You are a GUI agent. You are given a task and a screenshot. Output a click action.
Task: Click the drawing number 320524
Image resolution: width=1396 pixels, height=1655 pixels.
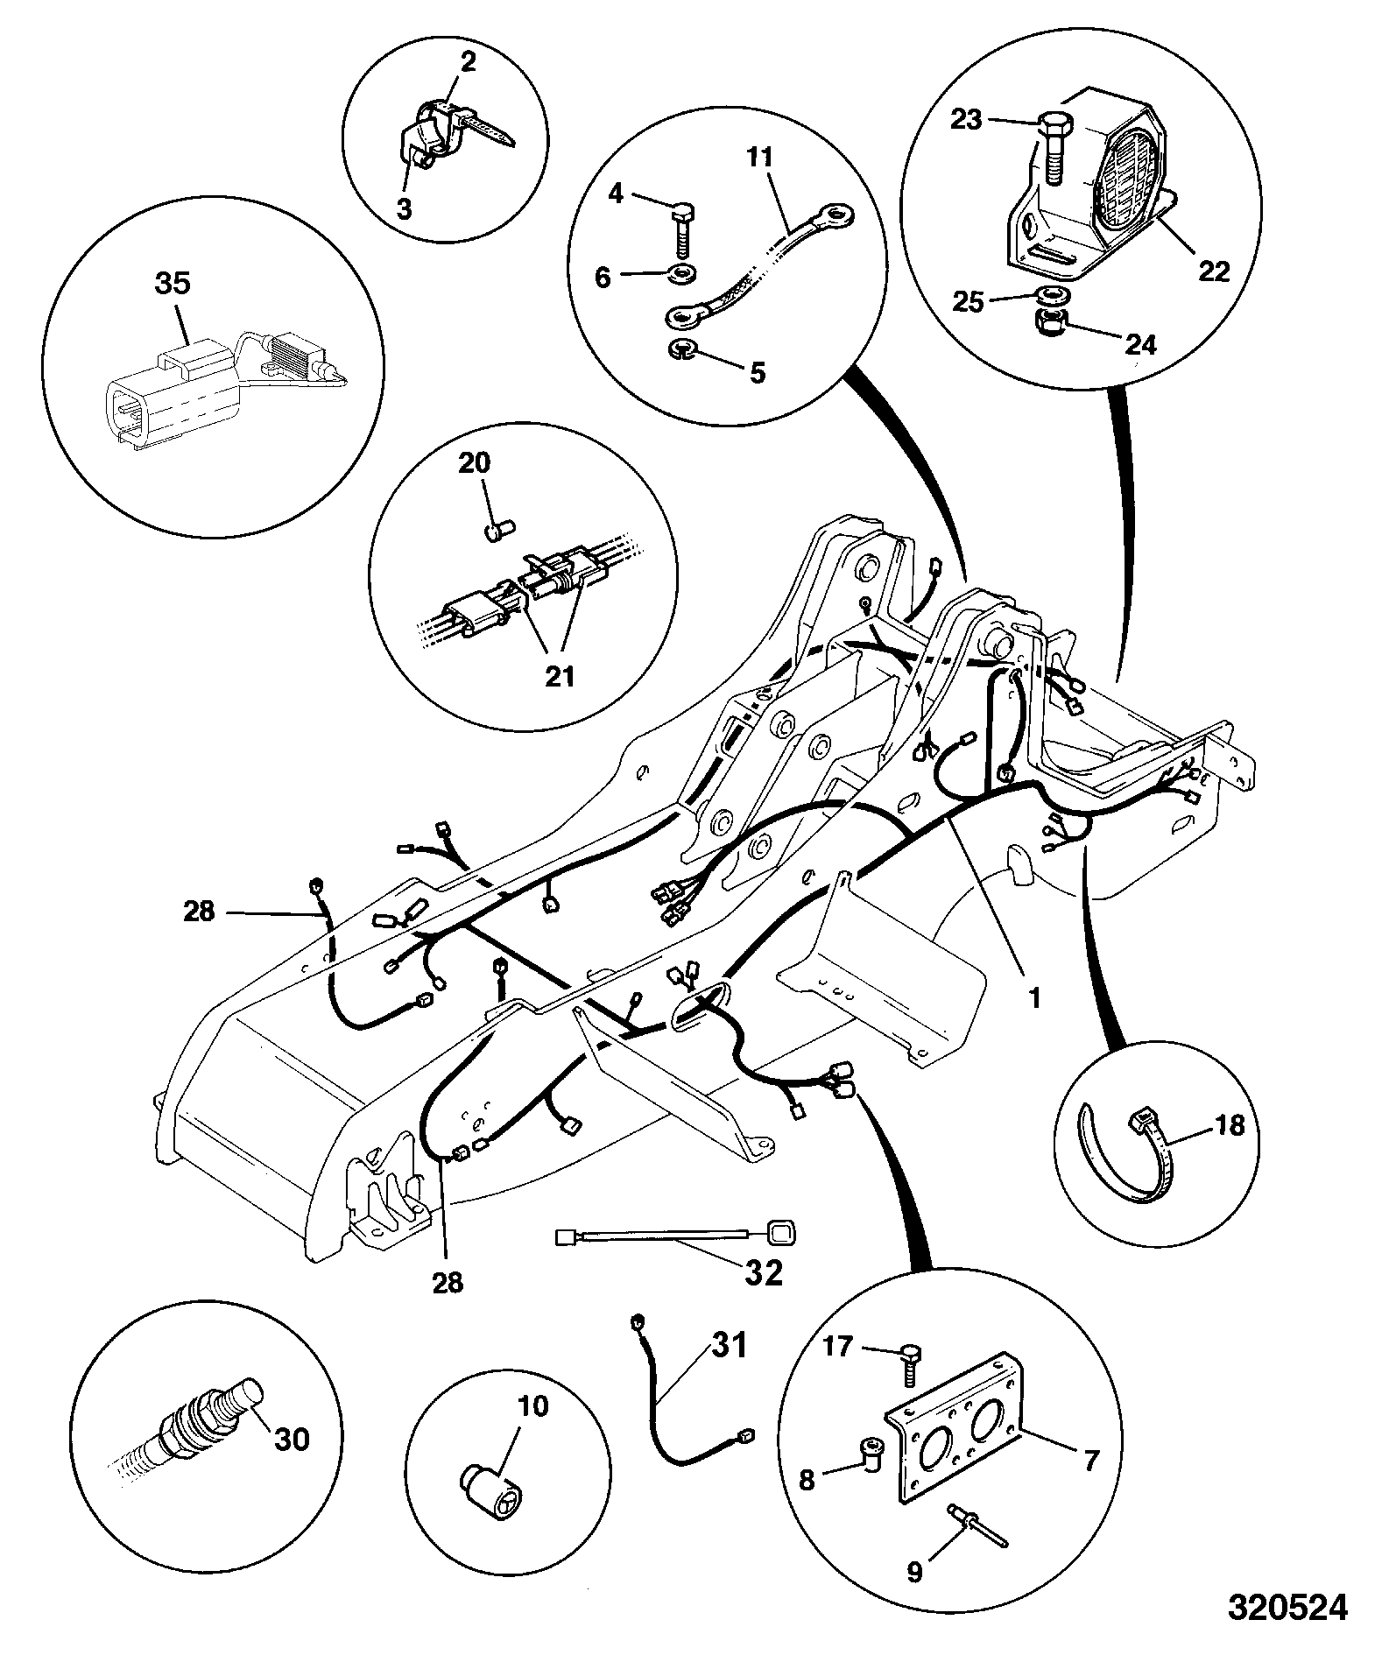click(1286, 1606)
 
